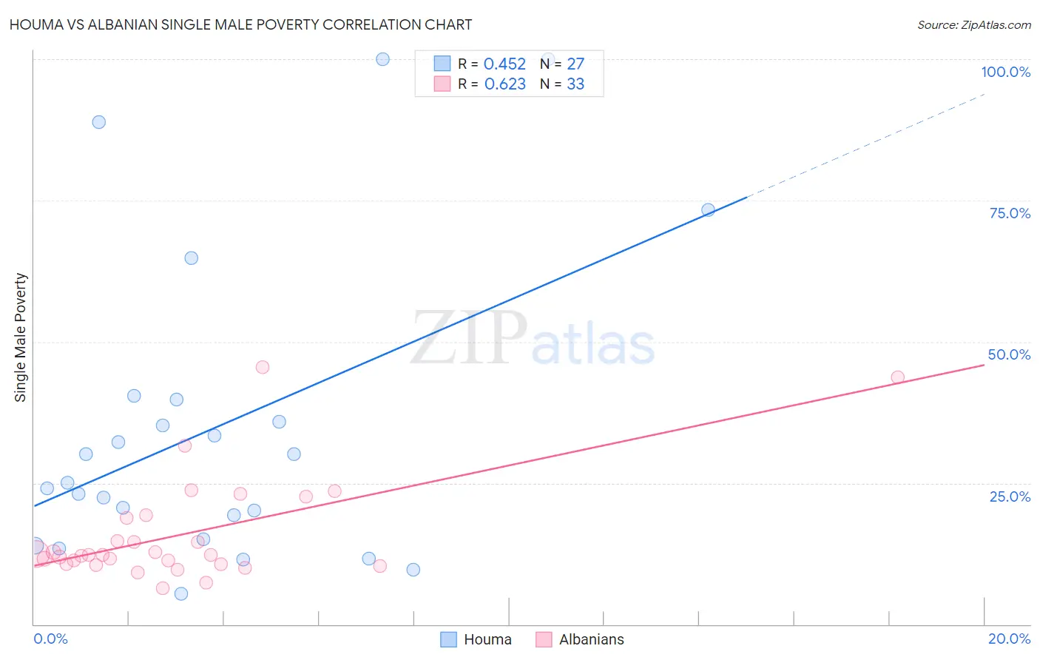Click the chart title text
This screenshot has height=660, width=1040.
point(240,24)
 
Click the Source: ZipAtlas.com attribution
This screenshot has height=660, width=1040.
point(973,24)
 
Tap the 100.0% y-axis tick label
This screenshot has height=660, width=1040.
point(1005,72)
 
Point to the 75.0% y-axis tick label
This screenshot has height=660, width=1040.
point(1009,213)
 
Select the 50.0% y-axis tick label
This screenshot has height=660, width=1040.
point(1009,354)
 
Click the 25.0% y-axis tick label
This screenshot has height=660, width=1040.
point(1009,496)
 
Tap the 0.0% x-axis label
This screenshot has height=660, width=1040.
point(50,639)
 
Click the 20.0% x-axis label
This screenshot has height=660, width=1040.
point(1009,639)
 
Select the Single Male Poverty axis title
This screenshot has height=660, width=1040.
point(21,337)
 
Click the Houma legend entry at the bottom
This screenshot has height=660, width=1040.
point(487,639)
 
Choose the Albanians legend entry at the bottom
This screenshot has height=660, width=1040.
point(591,639)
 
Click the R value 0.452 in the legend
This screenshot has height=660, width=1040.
point(504,64)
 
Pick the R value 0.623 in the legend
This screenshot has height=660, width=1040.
point(504,84)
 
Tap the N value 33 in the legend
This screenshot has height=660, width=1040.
point(575,84)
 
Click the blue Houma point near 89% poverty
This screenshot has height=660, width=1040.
point(99,122)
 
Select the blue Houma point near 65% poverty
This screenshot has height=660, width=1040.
point(191,258)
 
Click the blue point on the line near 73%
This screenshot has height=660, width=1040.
point(708,210)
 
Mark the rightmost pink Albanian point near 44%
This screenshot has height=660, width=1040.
point(897,377)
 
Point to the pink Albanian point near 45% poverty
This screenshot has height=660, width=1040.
point(262,367)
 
